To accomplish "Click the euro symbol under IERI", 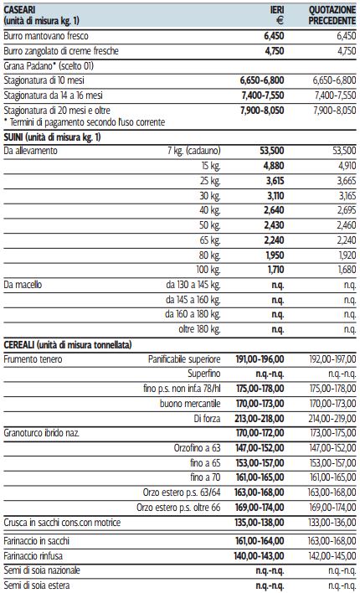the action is coord(280,21).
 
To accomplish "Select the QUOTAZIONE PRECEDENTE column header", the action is coord(332,16).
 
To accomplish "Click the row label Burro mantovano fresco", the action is coord(46,36).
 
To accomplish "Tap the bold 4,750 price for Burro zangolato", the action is coord(274,51).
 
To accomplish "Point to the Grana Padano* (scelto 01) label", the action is coord(49,66).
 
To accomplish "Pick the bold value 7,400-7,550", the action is coord(262,95).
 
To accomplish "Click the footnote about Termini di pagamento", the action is coord(84,122).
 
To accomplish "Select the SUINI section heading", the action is coord(52,137).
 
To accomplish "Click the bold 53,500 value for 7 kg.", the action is coord(272,151).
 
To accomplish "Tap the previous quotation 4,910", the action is coord(347,166).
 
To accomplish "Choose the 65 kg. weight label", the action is coord(210,240).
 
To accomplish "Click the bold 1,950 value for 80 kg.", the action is coord(275,255).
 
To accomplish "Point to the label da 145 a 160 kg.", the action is coord(193,300).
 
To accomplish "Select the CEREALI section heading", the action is coord(67,345).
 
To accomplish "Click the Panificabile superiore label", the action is coord(184,359).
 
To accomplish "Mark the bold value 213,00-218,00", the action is coord(260,419).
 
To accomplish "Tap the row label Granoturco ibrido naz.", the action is coord(42,433).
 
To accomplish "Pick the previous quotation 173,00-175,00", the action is coord(332,433).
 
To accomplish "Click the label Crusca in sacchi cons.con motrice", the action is coord(62,523).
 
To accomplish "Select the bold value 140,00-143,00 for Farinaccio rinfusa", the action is coord(260,556).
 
